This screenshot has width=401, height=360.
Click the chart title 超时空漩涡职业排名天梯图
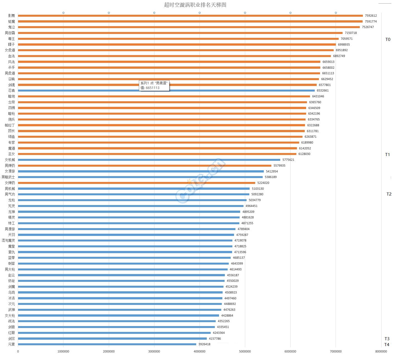[195, 5]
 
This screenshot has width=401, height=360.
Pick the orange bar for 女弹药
[136, 183]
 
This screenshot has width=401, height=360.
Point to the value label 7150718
[351, 33]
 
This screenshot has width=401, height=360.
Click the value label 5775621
[288, 160]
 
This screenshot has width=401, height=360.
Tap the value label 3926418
[204, 344]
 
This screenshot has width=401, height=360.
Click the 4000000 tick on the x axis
[200, 351]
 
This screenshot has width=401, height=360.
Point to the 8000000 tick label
[381, 351]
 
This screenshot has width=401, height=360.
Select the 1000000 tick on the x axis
[63, 351]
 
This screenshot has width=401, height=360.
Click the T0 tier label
[388, 40]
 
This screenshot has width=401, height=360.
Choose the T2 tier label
[389, 194]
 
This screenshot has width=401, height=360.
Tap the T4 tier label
[387, 345]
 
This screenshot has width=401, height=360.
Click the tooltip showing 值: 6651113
[154, 85]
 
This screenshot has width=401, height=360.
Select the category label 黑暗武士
[8, 177]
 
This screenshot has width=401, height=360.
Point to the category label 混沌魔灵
[8, 240]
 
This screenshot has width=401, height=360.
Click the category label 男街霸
[10, 33]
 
